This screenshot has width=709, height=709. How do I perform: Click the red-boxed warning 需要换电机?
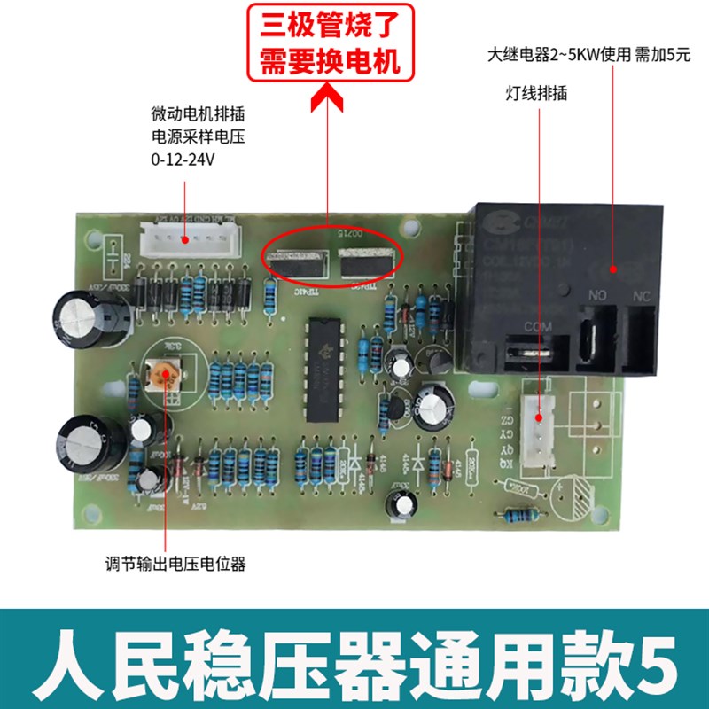(x=330, y=61)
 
